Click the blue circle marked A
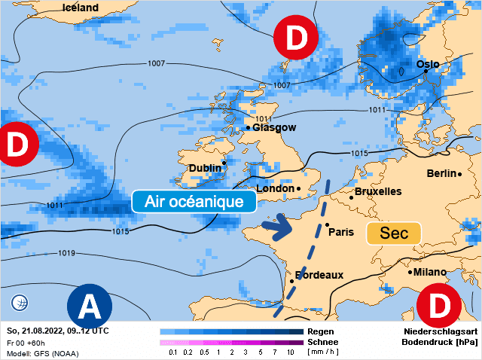click(x=90, y=307)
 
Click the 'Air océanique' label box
click(x=194, y=202)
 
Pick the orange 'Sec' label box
click(x=392, y=233)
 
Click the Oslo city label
click(x=427, y=64)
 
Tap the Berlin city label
click(x=441, y=174)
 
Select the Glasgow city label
click(x=274, y=128)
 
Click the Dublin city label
click(x=205, y=167)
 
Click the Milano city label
click(x=427, y=272)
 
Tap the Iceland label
click(x=80, y=8)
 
